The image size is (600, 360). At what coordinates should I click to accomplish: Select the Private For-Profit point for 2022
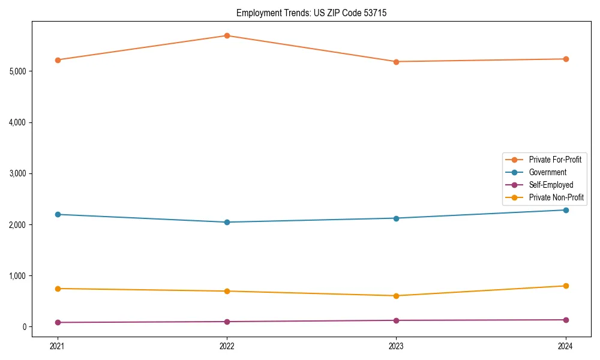pos(227,35)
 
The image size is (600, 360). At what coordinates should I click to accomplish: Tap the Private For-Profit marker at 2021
pos(58,60)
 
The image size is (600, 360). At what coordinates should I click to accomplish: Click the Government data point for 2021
pos(58,214)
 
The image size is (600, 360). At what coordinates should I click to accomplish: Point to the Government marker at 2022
pos(227,222)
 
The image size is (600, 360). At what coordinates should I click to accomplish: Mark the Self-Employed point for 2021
pos(58,322)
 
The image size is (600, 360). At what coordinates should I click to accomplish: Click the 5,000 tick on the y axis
pos(17,71)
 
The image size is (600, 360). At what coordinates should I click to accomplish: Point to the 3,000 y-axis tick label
pos(17,173)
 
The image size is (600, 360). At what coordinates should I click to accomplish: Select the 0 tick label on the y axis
pos(24,327)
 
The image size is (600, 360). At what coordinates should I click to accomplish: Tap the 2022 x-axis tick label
pos(227,346)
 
